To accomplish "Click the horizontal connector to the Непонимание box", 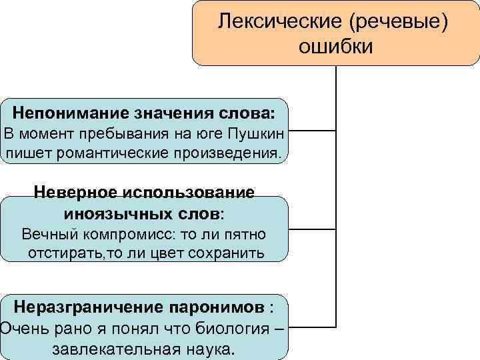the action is pos(313,131).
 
